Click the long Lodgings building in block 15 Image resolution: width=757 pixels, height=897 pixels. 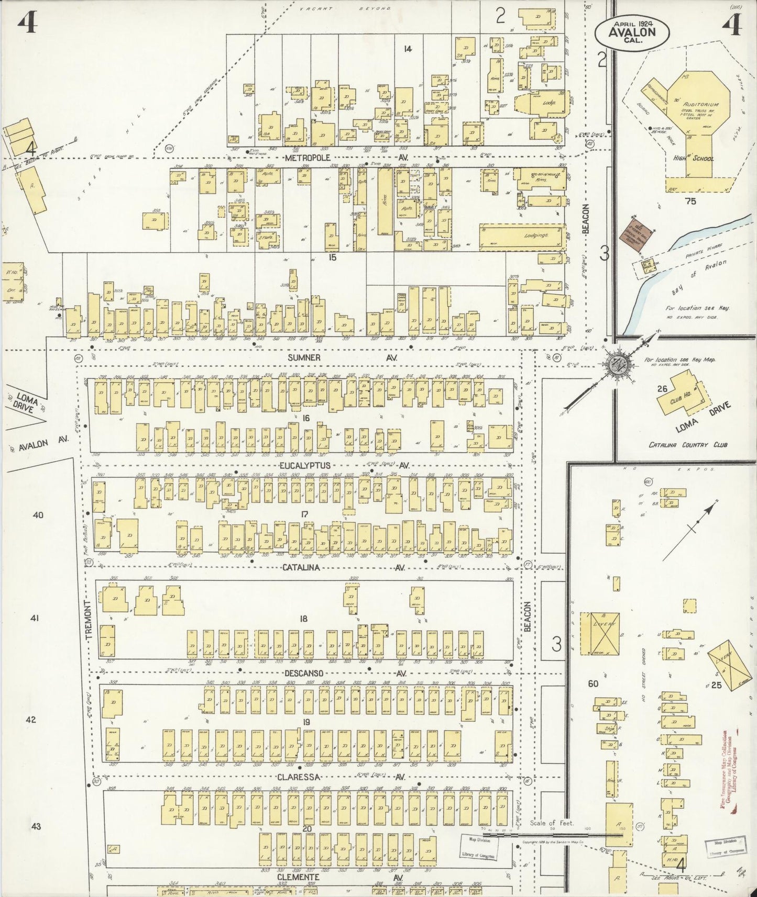[523, 236]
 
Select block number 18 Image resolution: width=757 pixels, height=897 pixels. [303, 619]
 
